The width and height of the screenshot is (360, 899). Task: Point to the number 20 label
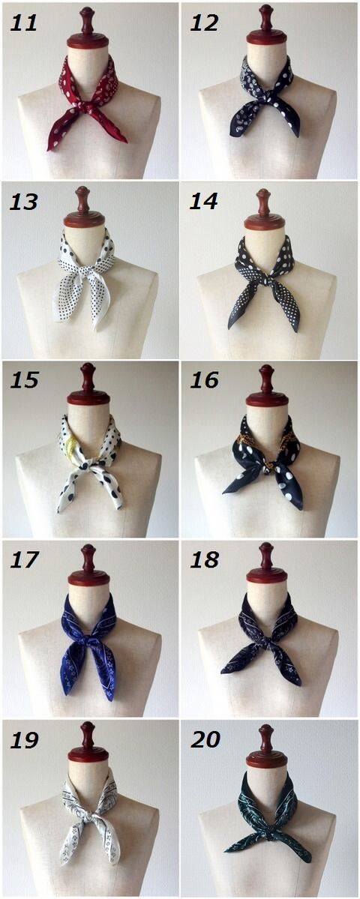[205, 739]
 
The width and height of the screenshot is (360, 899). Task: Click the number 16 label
[205, 380]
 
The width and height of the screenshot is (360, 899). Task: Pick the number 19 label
[25, 739]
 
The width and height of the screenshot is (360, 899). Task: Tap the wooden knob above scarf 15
[88, 383]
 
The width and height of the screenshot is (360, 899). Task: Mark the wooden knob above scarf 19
[88, 742]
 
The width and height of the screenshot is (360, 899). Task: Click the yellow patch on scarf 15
[70, 445]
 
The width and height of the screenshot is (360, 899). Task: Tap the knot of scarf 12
[265, 99]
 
